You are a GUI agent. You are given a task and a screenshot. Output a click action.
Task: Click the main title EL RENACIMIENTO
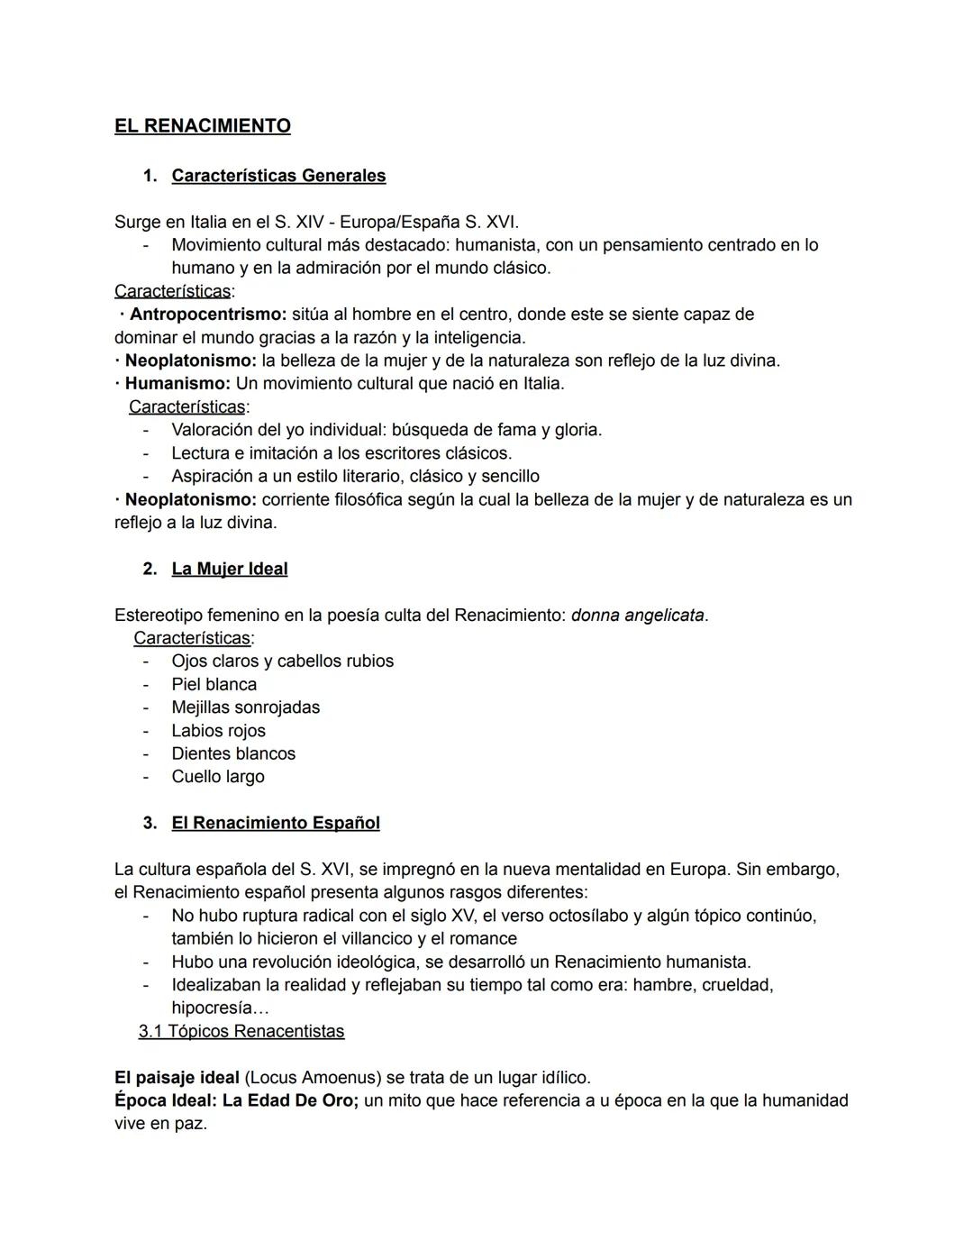(202, 126)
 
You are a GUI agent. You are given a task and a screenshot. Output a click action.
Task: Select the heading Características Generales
(278, 176)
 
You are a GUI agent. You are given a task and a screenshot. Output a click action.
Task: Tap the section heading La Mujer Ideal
(230, 569)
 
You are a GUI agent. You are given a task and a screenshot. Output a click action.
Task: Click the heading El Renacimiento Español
(276, 823)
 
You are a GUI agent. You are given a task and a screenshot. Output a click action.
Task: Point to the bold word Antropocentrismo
(207, 315)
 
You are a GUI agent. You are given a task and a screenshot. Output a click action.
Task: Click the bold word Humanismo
(177, 384)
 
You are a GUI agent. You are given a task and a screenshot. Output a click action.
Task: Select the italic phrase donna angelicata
(638, 616)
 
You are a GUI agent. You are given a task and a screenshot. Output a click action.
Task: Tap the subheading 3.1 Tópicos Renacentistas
(241, 1031)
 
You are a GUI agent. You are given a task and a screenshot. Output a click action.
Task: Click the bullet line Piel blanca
(214, 685)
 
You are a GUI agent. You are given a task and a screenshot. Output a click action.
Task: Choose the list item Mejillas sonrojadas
(246, 707)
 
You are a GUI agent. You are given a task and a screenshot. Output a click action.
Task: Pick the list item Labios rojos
(219, 731)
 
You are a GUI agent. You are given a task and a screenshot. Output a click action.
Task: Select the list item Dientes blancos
(233, 753)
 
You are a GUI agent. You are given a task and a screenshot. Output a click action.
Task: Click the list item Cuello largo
(218, 777)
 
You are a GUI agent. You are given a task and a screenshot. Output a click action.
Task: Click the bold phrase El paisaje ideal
(177, 1078)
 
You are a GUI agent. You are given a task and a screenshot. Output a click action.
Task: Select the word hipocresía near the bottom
(213, 1008)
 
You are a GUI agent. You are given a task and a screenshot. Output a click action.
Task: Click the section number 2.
(150, 569)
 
